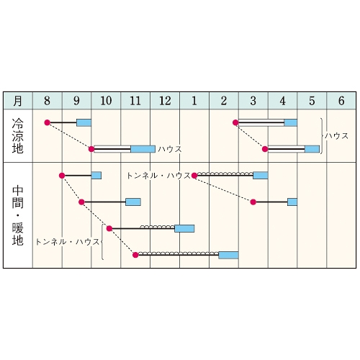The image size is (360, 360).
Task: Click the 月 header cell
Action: click(18, 101)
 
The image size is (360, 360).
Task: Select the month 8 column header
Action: click(48, 101)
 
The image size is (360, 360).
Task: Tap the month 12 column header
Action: click(165, 101)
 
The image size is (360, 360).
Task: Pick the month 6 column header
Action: click(341, 101)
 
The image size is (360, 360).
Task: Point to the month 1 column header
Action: click(194, 101)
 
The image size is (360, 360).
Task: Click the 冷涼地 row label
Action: click(18, 136)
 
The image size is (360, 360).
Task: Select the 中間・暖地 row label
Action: click(18, 215)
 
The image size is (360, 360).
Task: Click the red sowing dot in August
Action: click(48, 122)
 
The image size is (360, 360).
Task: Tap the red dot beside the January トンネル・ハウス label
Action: click(194, 176)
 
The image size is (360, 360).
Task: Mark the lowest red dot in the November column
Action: click(135, 255)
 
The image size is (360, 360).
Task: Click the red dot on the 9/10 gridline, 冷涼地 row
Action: click(91, 149)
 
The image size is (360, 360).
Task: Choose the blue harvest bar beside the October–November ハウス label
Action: click(143, 149)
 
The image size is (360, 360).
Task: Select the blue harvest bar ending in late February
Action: click(228, 255)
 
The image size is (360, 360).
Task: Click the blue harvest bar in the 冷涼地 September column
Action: click(84, 122)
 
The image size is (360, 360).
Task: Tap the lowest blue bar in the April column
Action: click(292, 202)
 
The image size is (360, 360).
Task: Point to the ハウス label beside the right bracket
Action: click(337, 136)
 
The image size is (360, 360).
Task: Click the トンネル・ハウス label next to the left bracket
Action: click(68, 242)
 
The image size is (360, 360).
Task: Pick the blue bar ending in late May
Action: click(312, 149)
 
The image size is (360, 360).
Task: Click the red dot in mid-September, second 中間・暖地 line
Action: click(81, 202)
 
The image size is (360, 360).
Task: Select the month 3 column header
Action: click(253, 101)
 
